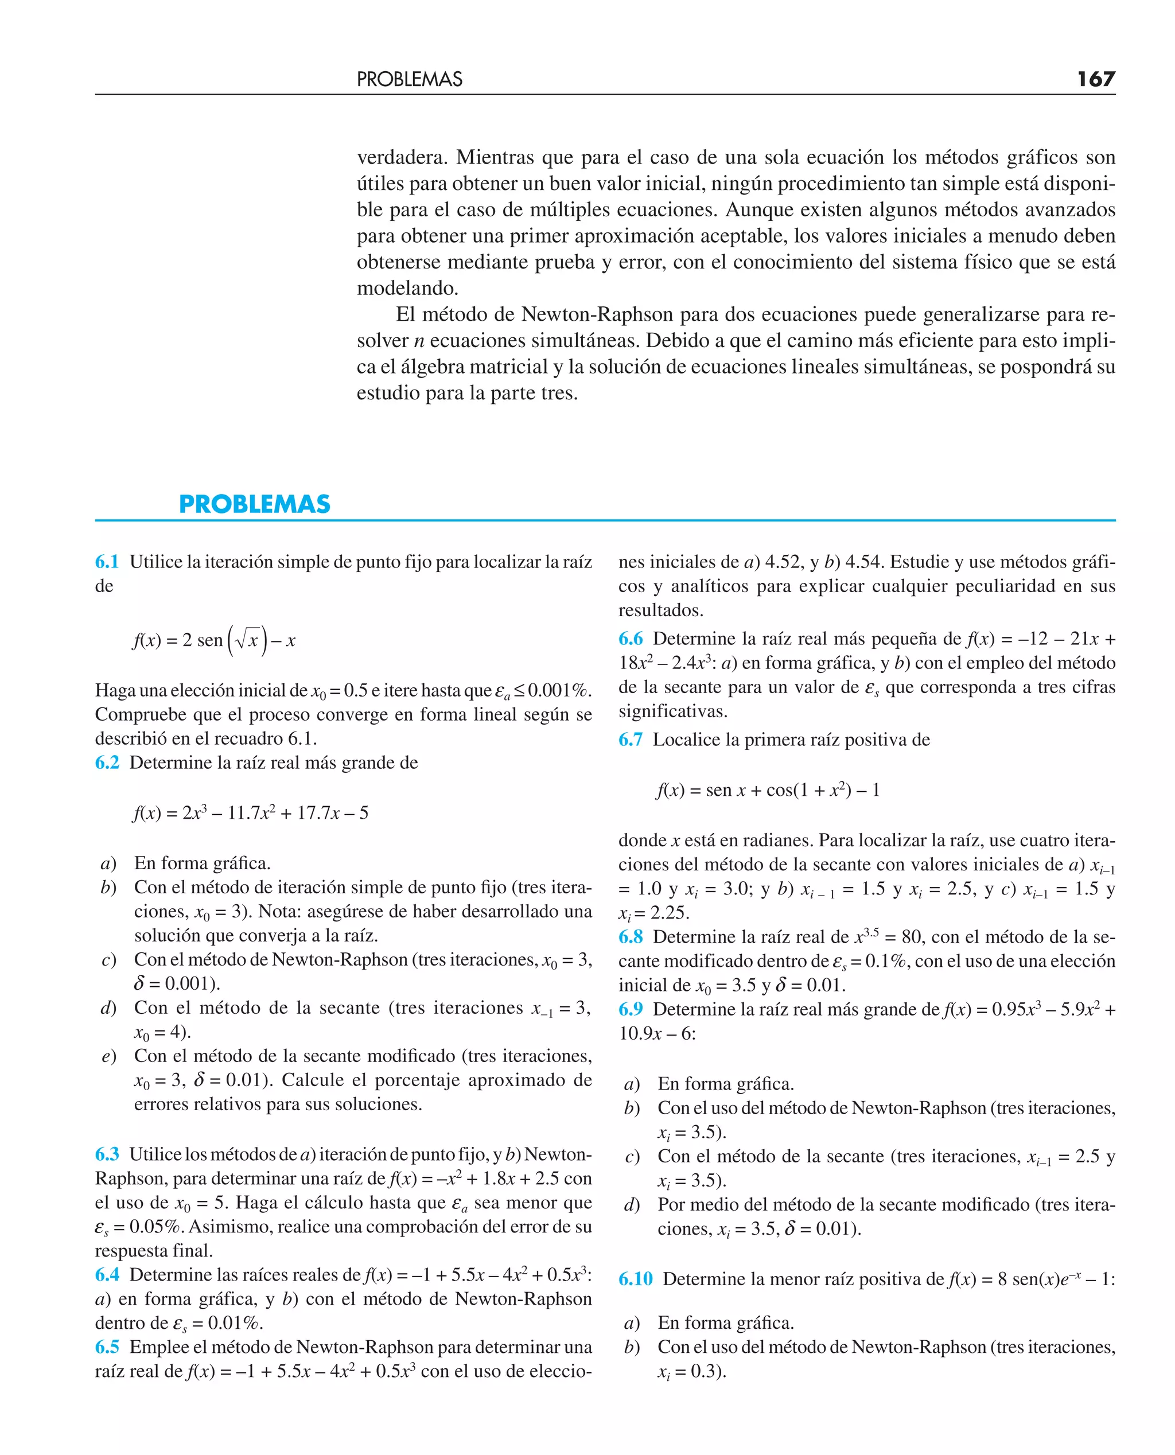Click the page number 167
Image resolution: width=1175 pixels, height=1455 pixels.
point(1096,79)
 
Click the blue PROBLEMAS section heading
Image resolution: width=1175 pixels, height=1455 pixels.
point(255,504)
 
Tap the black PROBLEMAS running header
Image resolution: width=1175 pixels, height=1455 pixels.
point(410,79)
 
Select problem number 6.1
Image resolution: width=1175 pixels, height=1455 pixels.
point(107,562)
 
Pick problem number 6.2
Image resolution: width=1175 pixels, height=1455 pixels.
point(107,762)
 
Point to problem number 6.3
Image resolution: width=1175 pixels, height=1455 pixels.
point(107,1154)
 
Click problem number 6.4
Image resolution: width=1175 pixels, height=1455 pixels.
point(107,1274)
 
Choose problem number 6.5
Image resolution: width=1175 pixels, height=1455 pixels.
point(107,1347)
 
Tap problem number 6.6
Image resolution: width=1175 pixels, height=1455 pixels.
point(630,638)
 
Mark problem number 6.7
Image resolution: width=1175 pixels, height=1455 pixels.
point(630,739)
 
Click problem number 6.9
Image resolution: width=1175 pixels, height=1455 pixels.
point(630,1009)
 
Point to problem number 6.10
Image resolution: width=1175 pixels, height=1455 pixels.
point(635,1278)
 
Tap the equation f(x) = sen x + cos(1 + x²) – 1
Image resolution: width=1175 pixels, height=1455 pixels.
point(768,790)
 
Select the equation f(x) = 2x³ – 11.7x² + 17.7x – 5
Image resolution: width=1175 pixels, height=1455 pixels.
point(250,813)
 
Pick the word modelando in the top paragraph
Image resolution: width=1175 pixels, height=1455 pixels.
point(407,288)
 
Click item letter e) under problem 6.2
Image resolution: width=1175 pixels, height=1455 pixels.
point(108,1056)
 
